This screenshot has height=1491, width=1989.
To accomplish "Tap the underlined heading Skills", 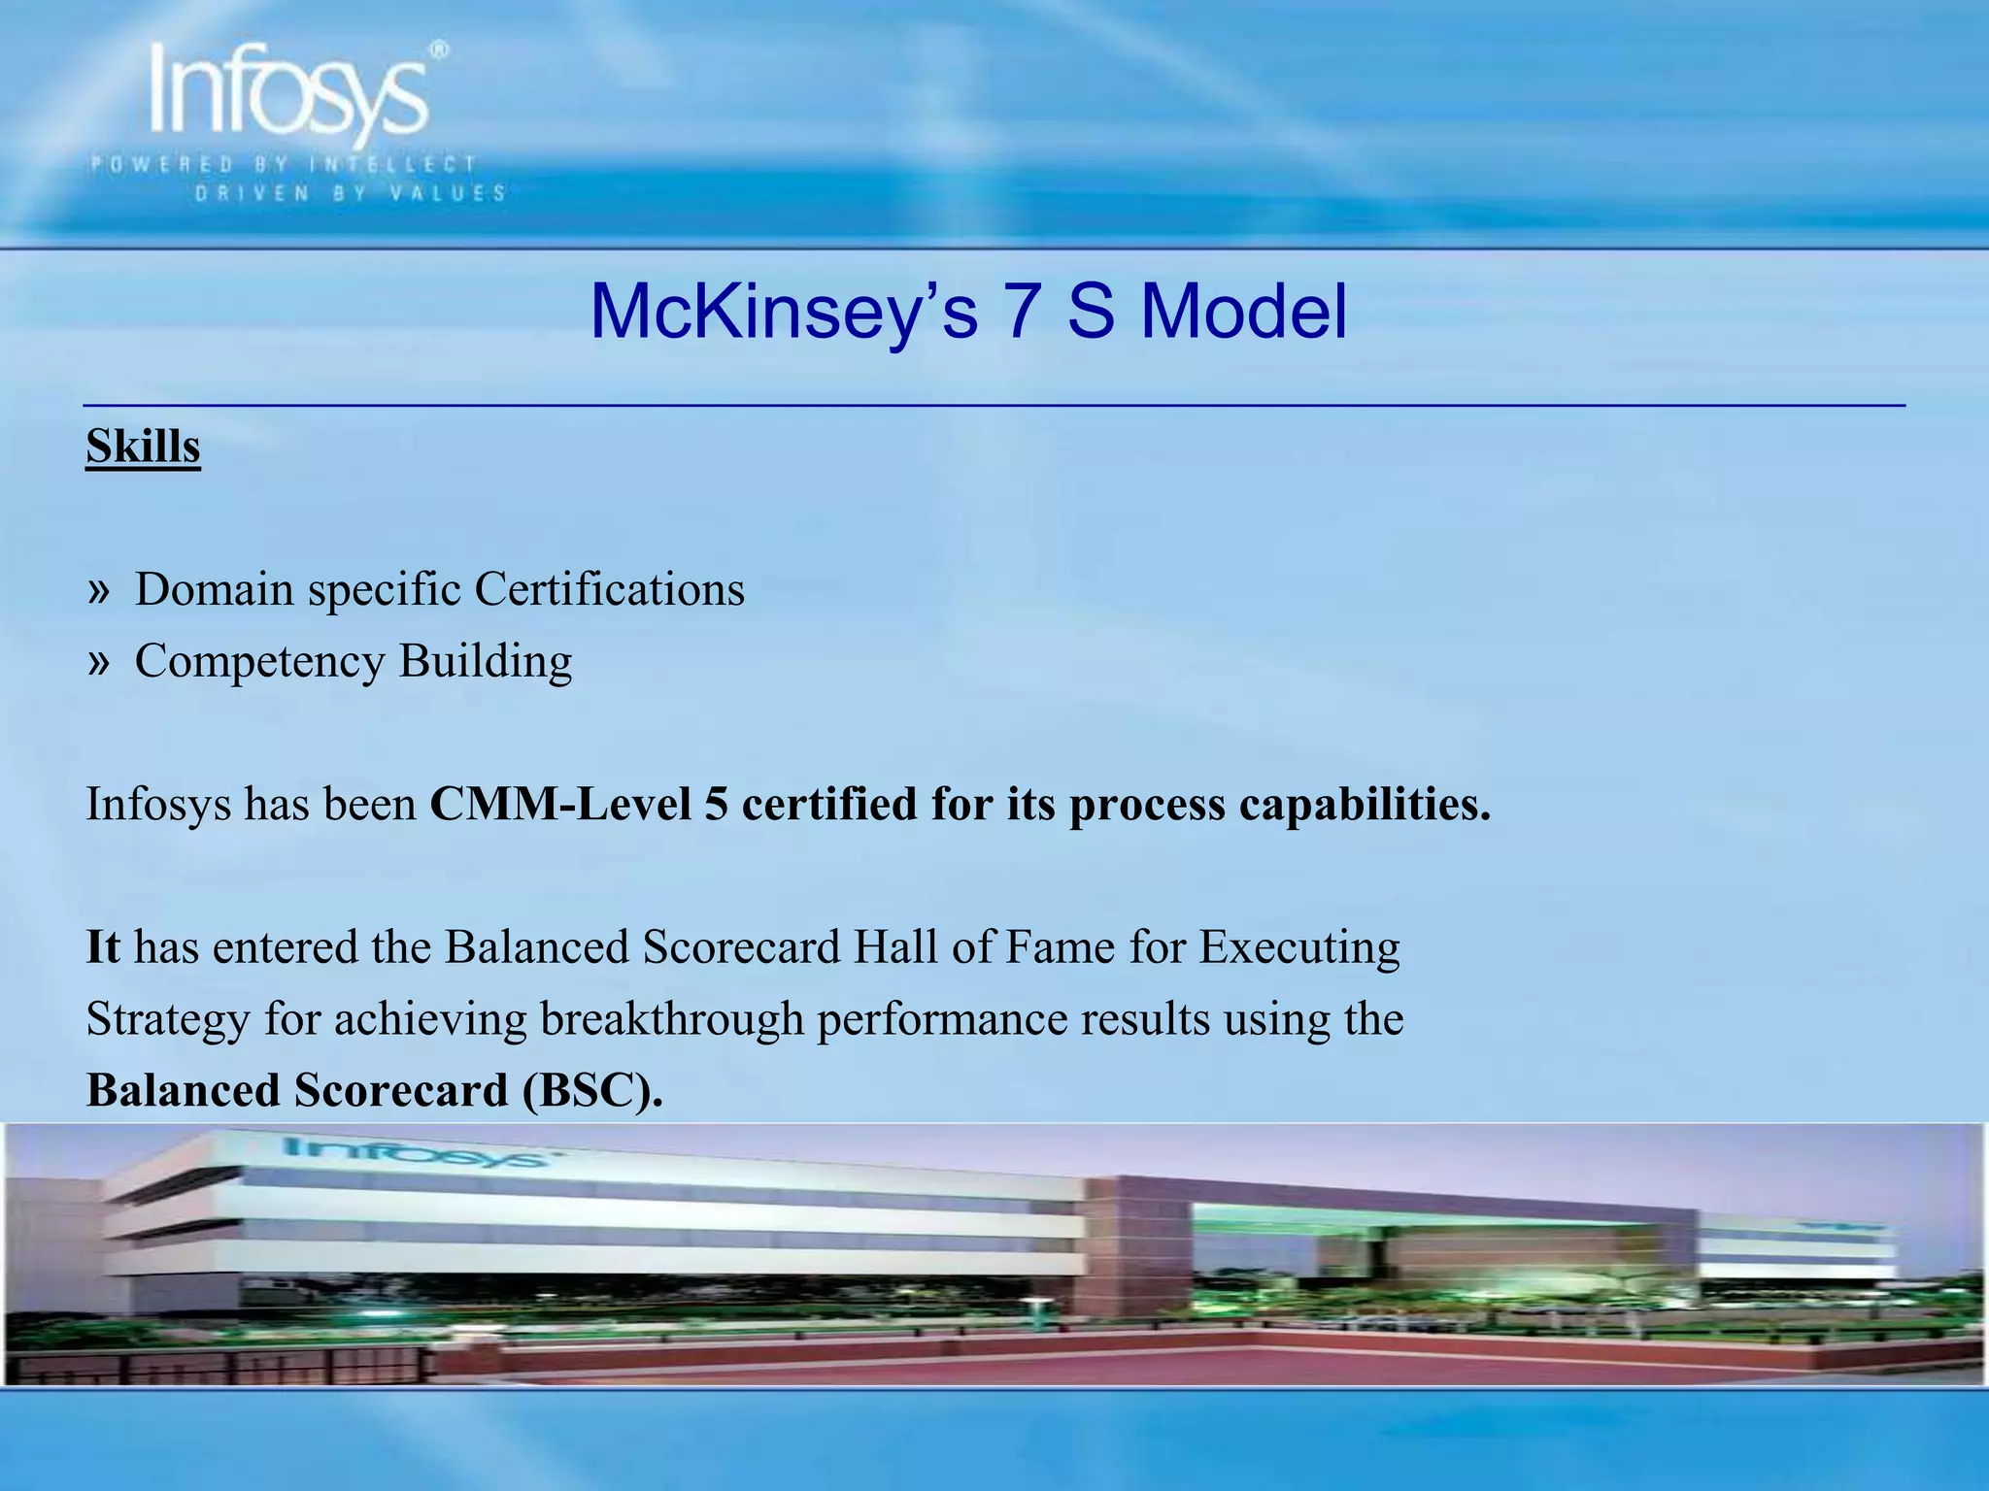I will (x=143, y=447).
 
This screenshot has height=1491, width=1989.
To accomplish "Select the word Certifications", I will (x=609, y=589).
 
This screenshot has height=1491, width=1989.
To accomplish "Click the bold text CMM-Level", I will (x=560, y=804).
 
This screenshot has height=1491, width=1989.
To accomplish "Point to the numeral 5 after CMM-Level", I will (x=716, y=804).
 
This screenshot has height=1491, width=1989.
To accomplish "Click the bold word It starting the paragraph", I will (x=103, y=946).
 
